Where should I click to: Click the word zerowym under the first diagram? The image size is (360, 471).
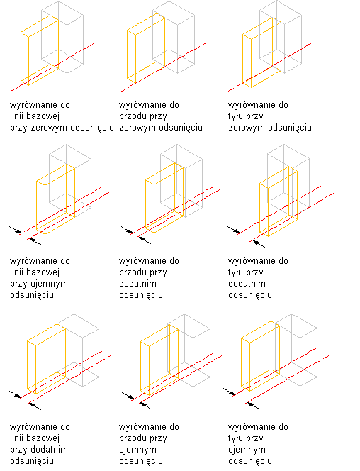pyautogui.click(x=49, y=128)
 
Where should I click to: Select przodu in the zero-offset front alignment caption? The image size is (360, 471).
pyautogui.click(x=131, y=116)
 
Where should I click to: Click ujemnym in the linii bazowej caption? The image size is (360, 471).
pyautogui.click(x=49, y=284)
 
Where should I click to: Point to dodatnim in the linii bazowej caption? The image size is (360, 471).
pyautogui.click(x=49, y=450)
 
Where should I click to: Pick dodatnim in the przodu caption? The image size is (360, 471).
pyautogui.click(x=137, y=283)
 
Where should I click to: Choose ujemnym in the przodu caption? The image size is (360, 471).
pyautogui.click(x=137, y=450)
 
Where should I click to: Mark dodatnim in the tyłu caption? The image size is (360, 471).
pyautogui.click(x=247, y=283)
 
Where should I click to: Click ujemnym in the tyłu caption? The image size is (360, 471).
pyautogui.click(x=247, y=450)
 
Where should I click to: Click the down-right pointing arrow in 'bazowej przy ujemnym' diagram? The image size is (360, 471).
pyautogui.click(x=16, y=230)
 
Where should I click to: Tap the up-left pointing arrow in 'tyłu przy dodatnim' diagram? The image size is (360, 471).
pyautogui.click(x=259, y=243)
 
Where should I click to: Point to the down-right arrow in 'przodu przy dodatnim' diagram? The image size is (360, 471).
pyautogui.click(x=127, y=230)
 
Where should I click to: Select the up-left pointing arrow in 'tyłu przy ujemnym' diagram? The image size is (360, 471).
pyautogui.click(x=253, y=405)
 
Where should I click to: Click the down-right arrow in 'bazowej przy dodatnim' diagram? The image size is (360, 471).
pyautogui.click(x=16, y=394)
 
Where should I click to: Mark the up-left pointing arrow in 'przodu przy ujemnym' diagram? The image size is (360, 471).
pyautogui.click(x=146, y=406)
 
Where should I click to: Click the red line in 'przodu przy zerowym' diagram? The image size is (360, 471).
pyautogui.click(x=164, y=67)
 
